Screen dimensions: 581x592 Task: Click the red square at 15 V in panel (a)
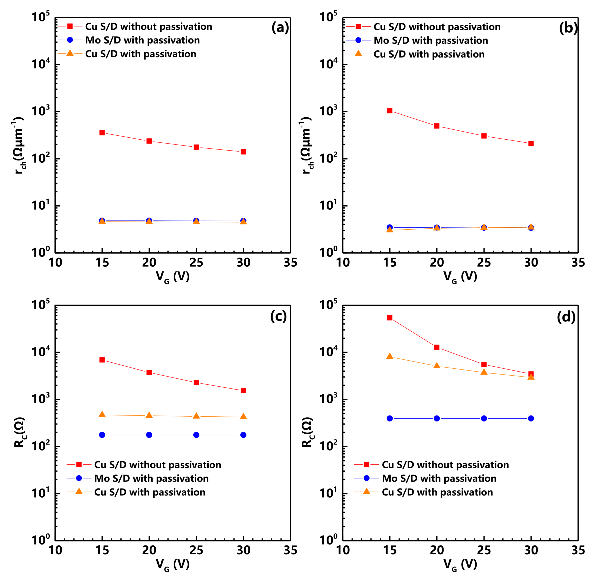tap(102, 133)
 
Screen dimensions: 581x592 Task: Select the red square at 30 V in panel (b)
tap(531, 143)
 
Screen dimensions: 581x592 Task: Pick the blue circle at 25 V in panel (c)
tap(196, 435)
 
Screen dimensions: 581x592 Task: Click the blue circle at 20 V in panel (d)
tap(437, 418)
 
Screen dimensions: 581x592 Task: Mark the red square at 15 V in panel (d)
tap(390, 318)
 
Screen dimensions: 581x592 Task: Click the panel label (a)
tap(280, 28)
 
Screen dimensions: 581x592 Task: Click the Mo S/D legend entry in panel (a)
tap(142, 40)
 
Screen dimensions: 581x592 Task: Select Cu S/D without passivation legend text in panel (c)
tap(158, 465)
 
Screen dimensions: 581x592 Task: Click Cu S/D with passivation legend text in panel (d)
tap(437, 492)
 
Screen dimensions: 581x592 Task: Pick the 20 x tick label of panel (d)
tap(437, 550)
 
